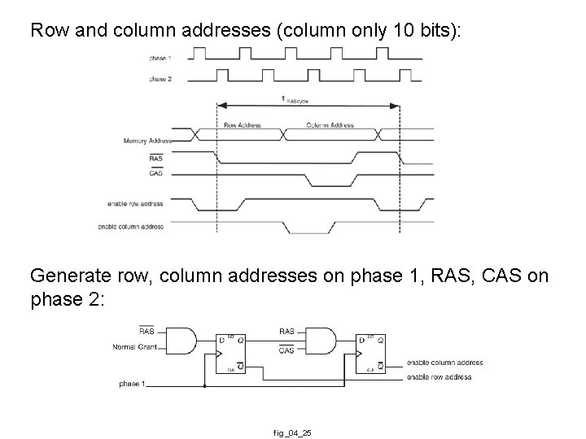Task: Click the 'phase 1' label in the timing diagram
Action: (160, 59)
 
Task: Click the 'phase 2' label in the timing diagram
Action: (160, 79)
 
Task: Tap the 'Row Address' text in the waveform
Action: (242, 125)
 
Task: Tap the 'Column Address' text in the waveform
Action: (330, 125)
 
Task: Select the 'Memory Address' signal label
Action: (142, 141)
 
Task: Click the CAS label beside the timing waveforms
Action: (156, 173)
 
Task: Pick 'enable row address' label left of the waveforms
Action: (135, 203)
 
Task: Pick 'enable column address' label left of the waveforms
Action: (130, 226)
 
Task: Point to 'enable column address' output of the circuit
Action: (444, 363)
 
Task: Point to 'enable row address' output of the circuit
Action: (440, 377)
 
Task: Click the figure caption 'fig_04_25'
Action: (293, 433)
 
